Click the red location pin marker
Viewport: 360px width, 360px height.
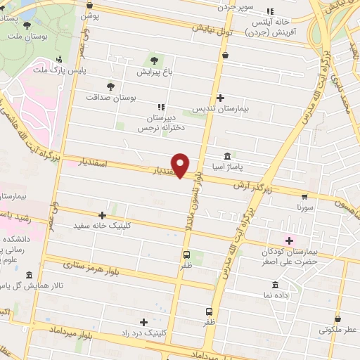181,165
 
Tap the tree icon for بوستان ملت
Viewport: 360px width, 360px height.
27,25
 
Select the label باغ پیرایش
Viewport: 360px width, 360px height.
153,72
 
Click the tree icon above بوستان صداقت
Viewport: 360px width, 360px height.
110,86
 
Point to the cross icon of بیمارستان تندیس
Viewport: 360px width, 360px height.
220,98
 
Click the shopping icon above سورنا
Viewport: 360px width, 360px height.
304,197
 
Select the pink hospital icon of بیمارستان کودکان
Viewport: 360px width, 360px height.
288,240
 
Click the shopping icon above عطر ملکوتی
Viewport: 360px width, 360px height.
337,318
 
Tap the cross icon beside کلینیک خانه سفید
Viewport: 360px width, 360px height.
103,215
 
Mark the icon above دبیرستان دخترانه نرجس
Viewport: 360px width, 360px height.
160,107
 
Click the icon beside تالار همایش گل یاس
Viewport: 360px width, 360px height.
29,275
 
